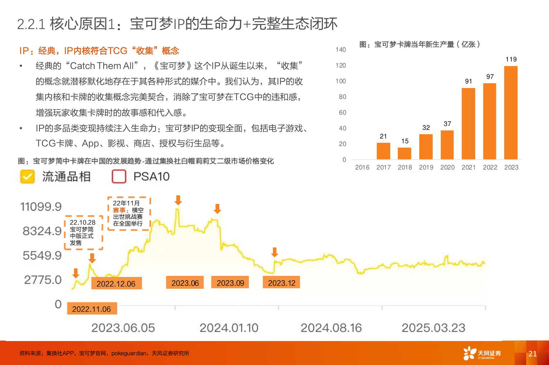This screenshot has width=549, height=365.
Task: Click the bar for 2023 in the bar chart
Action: click(x=511, y=113)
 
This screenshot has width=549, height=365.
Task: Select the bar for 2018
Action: click(x=405, y=154)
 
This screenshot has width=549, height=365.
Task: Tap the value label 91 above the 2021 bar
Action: click(x=468, y=82)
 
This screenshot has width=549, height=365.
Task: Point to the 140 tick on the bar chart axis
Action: click(x=341, y=50)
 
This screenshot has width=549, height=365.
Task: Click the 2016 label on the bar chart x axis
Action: click(x=362, y=167)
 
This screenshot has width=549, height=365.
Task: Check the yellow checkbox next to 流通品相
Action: click(x=28, y=177)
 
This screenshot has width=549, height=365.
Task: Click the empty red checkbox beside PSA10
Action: click(x=119, y=176)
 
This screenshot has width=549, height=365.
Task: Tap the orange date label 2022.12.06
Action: click(x=116, y=283)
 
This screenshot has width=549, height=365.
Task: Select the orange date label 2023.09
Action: click(x=230, y=283)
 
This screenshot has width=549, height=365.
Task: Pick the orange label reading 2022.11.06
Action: click(x=92, y=309)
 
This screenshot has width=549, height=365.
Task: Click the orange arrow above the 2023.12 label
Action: click(x=274, y=252)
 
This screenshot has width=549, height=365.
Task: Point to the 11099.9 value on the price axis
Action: click(x=41, y=207)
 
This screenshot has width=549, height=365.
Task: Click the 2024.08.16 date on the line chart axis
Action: click(x=331, y=328)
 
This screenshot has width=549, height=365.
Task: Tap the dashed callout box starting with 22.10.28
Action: click(x=83, y=233)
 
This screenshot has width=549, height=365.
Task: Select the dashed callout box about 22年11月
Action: click(x=129, y=213)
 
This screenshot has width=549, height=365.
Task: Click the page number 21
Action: click(x=533, y=354)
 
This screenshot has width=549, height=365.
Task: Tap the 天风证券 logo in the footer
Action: click(x=482, y=354)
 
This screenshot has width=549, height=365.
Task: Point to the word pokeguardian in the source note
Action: click(x=129, y=354)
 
